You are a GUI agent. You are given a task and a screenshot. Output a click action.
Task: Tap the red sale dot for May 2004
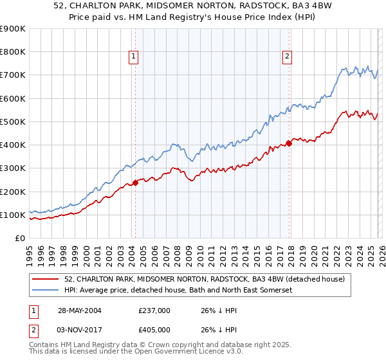point(136,183)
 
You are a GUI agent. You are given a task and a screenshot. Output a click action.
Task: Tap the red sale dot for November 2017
point(289,143)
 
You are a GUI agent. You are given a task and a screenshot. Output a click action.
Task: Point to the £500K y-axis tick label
point(13,122)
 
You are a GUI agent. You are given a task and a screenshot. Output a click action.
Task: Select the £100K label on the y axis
point(13,215)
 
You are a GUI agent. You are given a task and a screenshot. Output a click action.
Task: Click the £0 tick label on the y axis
point(19,238)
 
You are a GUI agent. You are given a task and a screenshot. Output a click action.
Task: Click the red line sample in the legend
point(46,279)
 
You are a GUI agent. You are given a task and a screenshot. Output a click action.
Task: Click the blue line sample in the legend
point(46,291)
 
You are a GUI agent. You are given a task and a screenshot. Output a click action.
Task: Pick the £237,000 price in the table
point(154,310)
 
